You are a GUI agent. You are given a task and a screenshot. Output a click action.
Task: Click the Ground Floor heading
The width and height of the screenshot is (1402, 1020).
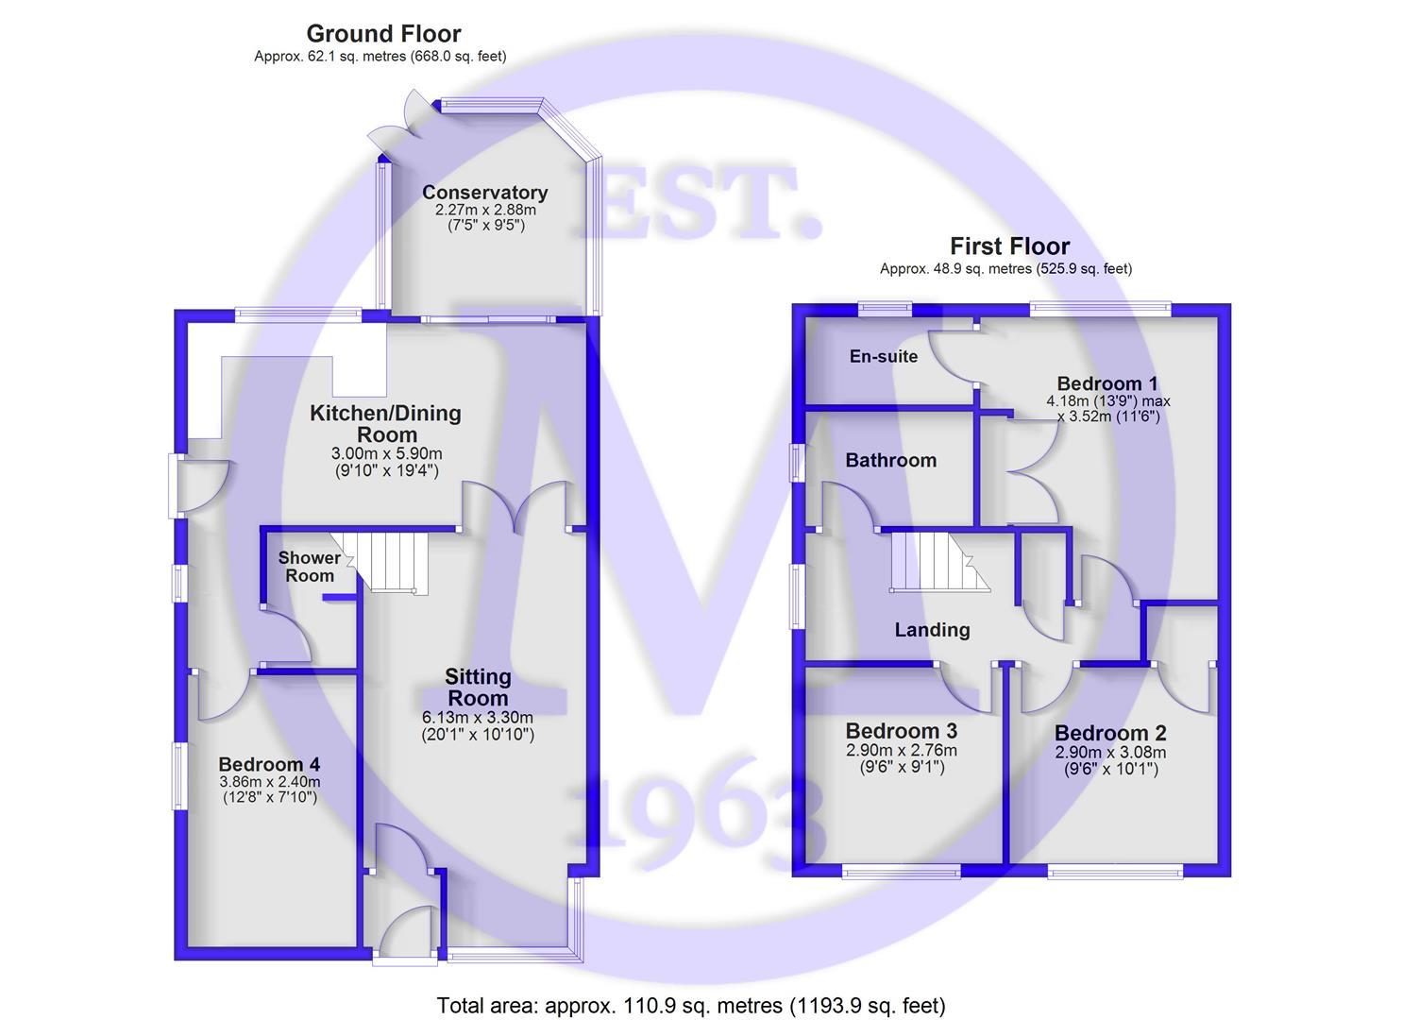383,34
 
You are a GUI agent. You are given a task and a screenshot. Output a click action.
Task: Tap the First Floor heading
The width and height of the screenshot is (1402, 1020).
1009,246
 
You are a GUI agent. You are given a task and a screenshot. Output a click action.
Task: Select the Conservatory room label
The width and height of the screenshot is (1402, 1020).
484,193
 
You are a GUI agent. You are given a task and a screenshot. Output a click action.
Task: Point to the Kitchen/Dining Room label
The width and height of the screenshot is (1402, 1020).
386,423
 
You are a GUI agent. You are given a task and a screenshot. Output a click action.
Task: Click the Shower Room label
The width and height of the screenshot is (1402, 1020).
310,567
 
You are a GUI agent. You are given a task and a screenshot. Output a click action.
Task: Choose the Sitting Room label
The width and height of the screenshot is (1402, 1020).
478,688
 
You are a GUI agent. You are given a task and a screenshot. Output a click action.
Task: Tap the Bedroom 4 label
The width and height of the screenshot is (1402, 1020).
269,764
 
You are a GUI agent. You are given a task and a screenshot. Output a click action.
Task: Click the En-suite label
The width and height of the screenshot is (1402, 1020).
884,356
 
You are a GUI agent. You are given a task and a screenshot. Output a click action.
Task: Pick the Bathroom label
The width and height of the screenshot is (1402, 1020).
890,460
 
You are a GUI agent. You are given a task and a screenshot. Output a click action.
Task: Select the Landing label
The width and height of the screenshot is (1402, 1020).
932,630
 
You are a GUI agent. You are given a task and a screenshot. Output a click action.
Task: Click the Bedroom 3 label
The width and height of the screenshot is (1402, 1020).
902,731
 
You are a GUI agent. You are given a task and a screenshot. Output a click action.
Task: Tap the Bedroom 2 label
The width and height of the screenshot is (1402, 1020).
1110,734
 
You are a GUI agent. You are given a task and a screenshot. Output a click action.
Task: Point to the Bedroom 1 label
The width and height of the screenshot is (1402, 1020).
1107,383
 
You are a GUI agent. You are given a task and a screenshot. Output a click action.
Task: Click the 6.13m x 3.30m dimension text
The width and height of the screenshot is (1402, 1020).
478,717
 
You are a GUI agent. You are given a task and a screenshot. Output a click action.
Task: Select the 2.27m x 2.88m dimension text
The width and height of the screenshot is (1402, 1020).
485,210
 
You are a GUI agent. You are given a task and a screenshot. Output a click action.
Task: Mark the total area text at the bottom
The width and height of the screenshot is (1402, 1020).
690,1005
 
